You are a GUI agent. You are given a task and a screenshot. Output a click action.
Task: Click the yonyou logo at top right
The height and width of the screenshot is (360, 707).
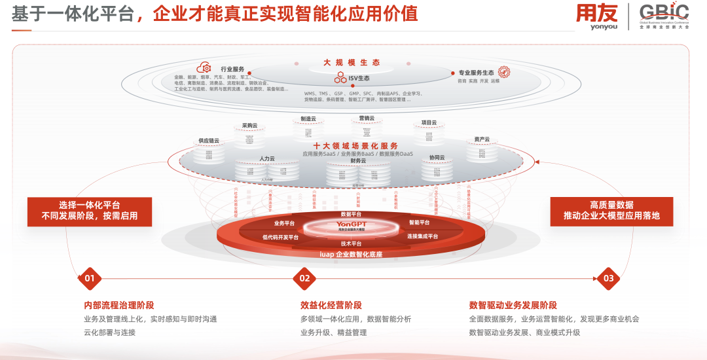click(x=596, y=17)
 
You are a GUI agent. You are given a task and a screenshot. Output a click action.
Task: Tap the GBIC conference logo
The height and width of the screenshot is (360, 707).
click(x=663, y=16)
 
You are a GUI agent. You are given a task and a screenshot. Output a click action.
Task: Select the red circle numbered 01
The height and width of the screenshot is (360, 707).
click(x=90, y=279)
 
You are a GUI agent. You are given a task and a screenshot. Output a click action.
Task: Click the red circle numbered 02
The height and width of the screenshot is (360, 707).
click(x=304, y=279)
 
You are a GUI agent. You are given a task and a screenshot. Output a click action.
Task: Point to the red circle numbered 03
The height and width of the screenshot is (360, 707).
click(x=608, y=279)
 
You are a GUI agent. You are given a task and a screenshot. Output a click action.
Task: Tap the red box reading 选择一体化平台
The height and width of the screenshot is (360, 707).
click(x=90, y=211)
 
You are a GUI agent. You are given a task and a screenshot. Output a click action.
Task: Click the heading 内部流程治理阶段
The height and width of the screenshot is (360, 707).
click(x=119, y=305)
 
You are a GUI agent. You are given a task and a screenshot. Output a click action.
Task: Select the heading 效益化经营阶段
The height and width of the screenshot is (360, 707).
click(x=331, y=305)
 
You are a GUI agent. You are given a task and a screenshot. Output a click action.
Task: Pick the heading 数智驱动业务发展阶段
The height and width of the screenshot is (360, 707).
click(x=513, y=305)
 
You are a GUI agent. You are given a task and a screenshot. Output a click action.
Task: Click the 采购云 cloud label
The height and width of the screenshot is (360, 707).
click(x=249, y=125)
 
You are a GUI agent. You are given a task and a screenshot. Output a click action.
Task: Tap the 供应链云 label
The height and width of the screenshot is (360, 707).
click(x=209, y=140)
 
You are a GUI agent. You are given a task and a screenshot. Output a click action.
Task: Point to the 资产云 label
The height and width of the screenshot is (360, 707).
click(x=482, y=139)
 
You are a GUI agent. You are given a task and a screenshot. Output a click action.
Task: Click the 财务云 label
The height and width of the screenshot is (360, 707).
click(x=358, y=160)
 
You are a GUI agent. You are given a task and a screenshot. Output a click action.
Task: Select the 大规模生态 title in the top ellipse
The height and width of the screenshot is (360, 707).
click(x=351, y=63)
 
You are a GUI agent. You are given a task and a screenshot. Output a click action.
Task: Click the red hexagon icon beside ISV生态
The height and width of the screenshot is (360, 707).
click(x=340, y=78)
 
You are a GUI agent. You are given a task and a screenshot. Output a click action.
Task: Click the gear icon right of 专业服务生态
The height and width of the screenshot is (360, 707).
click(x=504, y=73)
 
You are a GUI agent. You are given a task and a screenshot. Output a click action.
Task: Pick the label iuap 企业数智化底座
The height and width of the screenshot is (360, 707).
click(x=350, y=254)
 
